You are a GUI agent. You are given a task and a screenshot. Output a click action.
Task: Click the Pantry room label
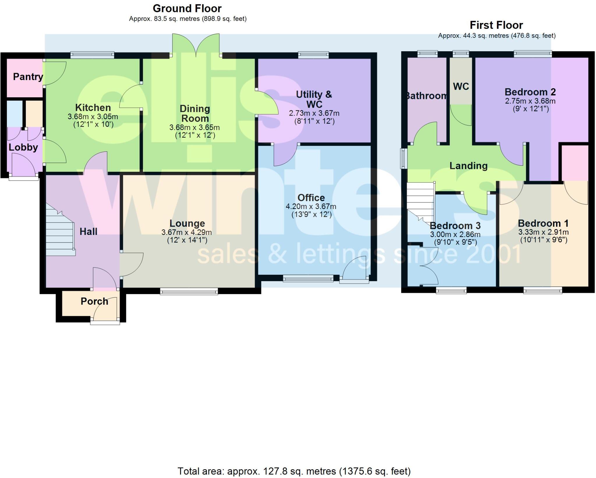(x=28, y=77)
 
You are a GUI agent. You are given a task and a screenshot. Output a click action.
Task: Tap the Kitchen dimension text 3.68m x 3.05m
(x=93, y=117)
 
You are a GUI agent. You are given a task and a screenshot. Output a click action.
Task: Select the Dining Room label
(x=195, y=114)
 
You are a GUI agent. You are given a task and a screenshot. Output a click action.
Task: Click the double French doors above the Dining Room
(x=196, y=45)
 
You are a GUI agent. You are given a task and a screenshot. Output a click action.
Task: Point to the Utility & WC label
(x=314, y=99)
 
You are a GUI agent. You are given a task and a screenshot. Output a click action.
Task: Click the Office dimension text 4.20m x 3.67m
(x=311, y=207)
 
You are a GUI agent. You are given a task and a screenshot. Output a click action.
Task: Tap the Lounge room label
(x=187, y=223)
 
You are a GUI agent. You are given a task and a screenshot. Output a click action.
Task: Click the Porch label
(x=94, y=301)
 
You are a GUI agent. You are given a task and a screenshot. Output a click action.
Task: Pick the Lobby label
(x=23, y=147)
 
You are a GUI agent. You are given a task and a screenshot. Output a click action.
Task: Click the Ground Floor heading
(x=187, y=8)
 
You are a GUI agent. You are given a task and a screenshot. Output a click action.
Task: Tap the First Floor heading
(x=496, y=25)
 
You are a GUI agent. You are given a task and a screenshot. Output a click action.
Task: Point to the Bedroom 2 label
(x=530, y=92)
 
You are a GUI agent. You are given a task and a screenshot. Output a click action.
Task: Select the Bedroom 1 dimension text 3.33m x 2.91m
(x=543, y=232)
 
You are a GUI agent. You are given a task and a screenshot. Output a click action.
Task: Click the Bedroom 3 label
(x=455, y=226)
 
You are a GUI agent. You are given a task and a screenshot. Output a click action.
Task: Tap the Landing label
(x=468, y=166)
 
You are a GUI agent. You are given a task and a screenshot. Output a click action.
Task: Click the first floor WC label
(x=461, y=86)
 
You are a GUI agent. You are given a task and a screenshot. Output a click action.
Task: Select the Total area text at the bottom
(x=294, y=471)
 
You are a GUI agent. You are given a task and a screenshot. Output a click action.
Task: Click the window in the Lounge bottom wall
(x=189, y=291)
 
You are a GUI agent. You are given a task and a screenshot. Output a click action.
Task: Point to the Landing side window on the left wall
(x=403, y=158)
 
